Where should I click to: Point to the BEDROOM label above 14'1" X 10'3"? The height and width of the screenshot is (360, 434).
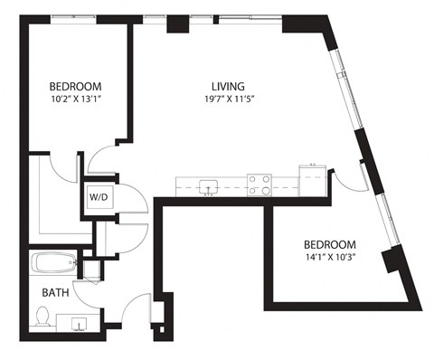[x=329, y=245]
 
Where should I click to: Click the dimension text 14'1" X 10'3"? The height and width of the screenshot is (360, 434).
[x=329, y=259]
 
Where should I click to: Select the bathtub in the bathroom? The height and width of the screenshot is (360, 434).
[x=52, y=265]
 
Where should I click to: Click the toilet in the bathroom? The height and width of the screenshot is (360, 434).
[x=42, y=316]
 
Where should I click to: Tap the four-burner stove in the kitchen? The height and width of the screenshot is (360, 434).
[x=260, y=185]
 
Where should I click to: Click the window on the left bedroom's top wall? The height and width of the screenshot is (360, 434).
[x=77, y=16]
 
